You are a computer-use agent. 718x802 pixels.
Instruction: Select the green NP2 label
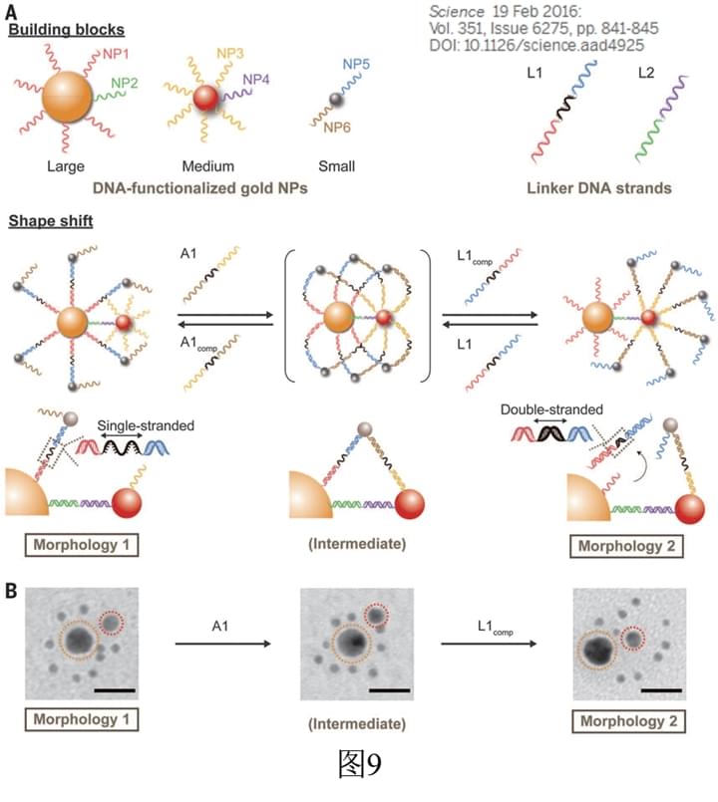pos(126,83)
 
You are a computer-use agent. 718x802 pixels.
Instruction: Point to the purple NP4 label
pos(257,78)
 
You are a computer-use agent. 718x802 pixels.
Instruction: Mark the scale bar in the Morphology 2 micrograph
pos(655,687)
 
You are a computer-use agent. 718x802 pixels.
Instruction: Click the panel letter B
pos(10,592)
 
